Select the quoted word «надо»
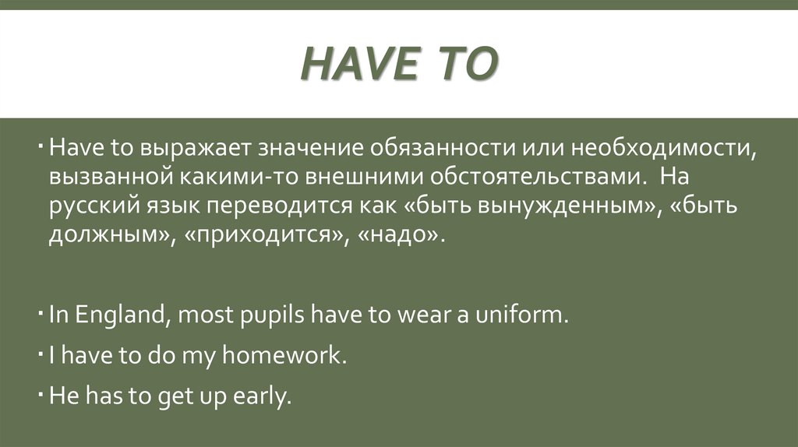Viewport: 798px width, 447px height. point(401,236)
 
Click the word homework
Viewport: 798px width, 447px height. point(281,356)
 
